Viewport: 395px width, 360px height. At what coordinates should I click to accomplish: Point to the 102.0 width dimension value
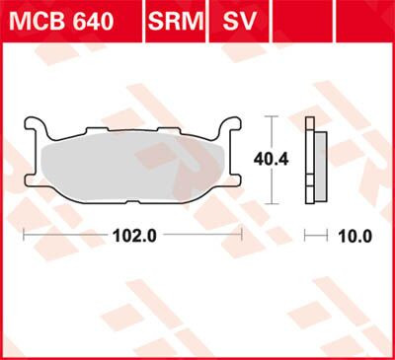pyautogui.click(x=132, y=236)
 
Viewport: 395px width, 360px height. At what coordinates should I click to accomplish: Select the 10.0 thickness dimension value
pyautogui.click(x=353, y=236)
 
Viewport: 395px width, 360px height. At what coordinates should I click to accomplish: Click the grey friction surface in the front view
pyautogui.click(x=132, y=173)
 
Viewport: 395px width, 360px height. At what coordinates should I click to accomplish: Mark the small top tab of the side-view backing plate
pyautogui.click(x=310, y=123)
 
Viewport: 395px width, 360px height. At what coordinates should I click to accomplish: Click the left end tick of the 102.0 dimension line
pyautogui.click(x=24, y=236)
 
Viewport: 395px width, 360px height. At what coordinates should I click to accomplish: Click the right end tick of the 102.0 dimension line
pyautogui.click(x=242, y=236)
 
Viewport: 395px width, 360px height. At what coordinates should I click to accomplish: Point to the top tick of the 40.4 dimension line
pyautogui.click(x=270, y=116)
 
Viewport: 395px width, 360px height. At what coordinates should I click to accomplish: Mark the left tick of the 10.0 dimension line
pyautogui.click(x=306, y=236)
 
